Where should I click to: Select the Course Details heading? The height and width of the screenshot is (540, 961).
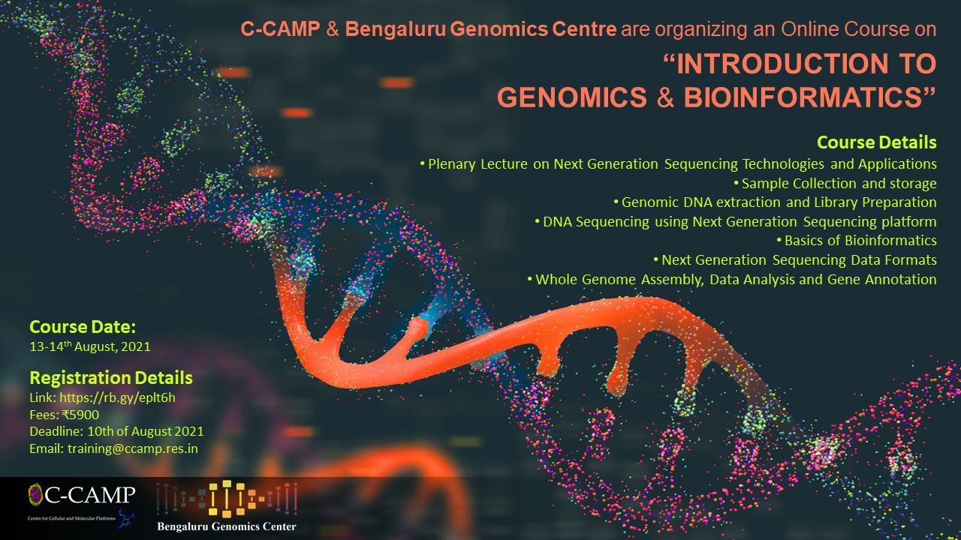[x=876, y=142]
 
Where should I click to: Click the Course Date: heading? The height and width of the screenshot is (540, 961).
[x=83, y=327]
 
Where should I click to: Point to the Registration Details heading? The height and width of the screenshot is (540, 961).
[x=111, y=378]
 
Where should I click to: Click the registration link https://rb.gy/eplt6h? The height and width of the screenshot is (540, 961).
[x=117, y=397]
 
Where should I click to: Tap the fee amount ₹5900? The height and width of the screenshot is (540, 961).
[x=80, y=415]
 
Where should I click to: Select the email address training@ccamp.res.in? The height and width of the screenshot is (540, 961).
[x=133, y=448]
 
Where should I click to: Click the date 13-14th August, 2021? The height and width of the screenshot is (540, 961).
[x=90, y=346]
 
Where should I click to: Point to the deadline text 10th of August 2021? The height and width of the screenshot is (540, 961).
[x=146, y=431]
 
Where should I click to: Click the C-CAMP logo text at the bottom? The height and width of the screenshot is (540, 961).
[x=89, y=495]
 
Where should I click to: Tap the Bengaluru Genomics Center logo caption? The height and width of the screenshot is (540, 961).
[x=227, y=526]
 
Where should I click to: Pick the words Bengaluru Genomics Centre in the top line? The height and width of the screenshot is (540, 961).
[x=481, y=29]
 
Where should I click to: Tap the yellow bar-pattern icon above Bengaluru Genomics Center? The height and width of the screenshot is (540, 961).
[x=227, y=499]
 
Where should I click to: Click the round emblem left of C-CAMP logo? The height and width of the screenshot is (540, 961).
[x=35, y=494]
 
